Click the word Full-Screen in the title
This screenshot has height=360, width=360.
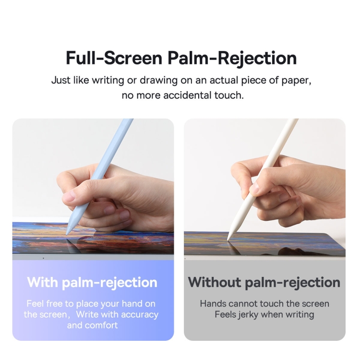(x=114, y=58)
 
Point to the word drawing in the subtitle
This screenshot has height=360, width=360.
(x=159, y=81)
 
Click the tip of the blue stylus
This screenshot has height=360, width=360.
(x=67, y=234)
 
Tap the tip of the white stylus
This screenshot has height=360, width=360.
(x=228, y=240)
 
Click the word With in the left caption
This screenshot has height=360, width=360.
(x=42, y=282)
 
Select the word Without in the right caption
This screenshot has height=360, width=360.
(x=215, y=282)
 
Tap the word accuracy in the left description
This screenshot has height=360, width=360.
(x=140, y=315)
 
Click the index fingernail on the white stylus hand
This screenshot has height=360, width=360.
(x=254, y=189)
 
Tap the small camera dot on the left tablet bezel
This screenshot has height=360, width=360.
(x=43, y=258)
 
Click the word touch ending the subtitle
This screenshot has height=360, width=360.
(x=229, y=95)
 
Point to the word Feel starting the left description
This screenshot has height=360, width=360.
(x=35, y=303)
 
